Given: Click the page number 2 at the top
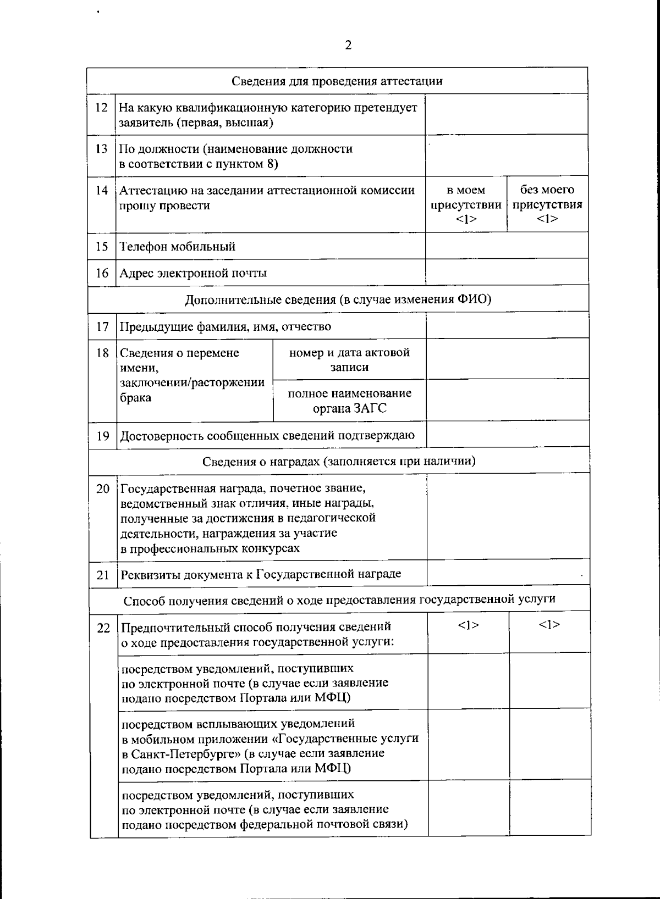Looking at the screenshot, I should pyautogui.click(x=348, y=45).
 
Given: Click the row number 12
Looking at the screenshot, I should pyautogui.click(x=101, y=107).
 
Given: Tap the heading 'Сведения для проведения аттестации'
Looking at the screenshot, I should pyautogui.click(x=337, y=81).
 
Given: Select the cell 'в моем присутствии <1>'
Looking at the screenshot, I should pyautogui.click(x=466, y=204).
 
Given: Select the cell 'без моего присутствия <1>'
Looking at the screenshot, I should pyautogui.click(x=547, y=204).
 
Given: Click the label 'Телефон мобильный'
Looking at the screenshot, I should pyautogui.click(x=178, y=246).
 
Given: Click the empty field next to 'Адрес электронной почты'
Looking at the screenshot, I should pyautogui.click(x=507, y=272).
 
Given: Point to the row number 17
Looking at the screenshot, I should pyautogui.click(x=102, y=326).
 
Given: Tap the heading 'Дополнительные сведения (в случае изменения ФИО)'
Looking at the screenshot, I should pyautogui.click(x=338, y=299).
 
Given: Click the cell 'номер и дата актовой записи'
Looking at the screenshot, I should pyautogui.click(x=349, y=359).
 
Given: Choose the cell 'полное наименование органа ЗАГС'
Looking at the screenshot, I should pyautogui.click(x=349, y=401).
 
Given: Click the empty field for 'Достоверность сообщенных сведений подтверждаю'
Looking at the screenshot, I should pyautogui.click(x=508, y=435).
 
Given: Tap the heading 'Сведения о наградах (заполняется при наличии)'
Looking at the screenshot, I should pyautogui.click(x=339, y=461).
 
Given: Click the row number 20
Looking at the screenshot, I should pyautogui.click(x=103, y=489).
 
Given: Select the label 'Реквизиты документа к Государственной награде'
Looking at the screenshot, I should pyautogui.click(x=261, y=574).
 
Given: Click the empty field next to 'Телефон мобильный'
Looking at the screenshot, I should pyautogui.click(x=507, y=246).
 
